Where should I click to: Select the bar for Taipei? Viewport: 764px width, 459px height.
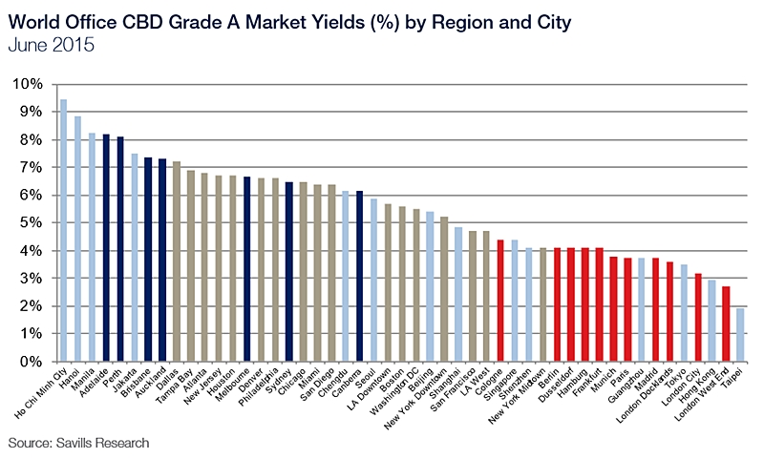tap(739, 335)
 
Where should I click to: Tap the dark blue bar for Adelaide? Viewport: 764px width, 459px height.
tap(106, 248)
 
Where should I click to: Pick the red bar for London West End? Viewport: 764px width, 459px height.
tap(725, 324)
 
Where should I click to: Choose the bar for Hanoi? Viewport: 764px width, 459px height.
tap(77, 239)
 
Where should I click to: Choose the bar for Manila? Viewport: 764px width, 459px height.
tap(92, 247)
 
